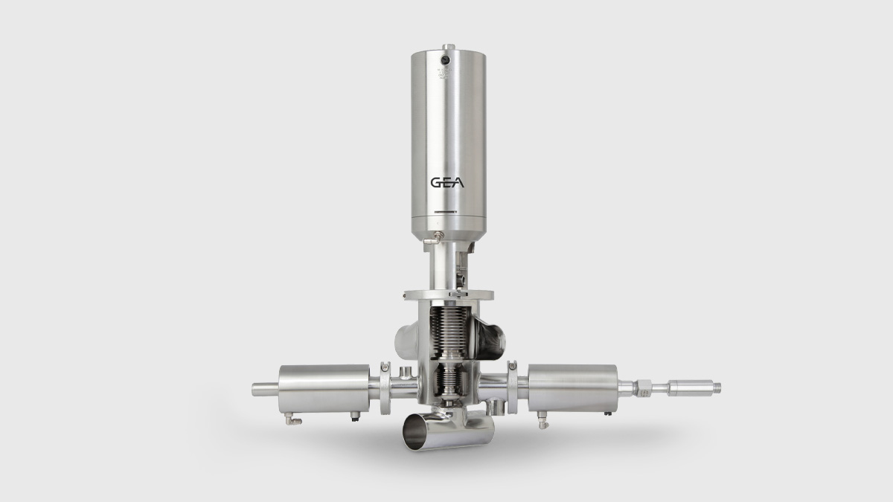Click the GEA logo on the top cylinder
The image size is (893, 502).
[446, 183]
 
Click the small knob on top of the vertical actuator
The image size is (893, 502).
[446, 48]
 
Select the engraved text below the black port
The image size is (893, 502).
[445, 74]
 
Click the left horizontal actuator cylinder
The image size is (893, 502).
[323, 387]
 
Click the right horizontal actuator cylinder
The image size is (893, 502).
[573, 387]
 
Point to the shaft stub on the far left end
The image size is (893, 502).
[263, 388]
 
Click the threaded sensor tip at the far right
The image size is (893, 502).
[712, 387]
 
